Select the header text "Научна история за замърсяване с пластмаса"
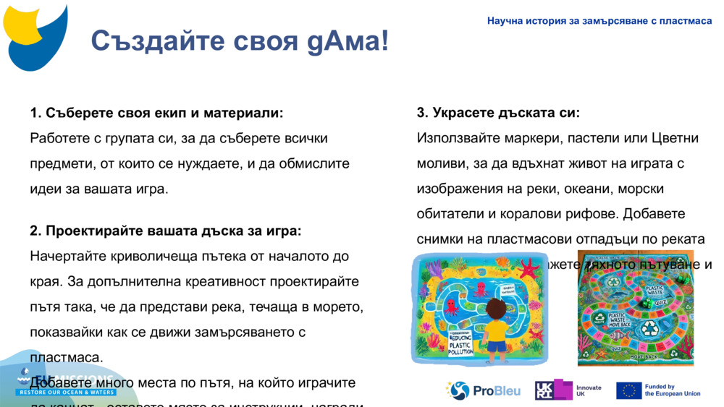[x=599, y=21]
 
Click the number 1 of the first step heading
[x=34, y=113]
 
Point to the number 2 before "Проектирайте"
[x=34, y=231]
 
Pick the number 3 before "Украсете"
[x=421, y=113]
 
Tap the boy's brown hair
[x=496, y=308]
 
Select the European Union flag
[x=628, y=390]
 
